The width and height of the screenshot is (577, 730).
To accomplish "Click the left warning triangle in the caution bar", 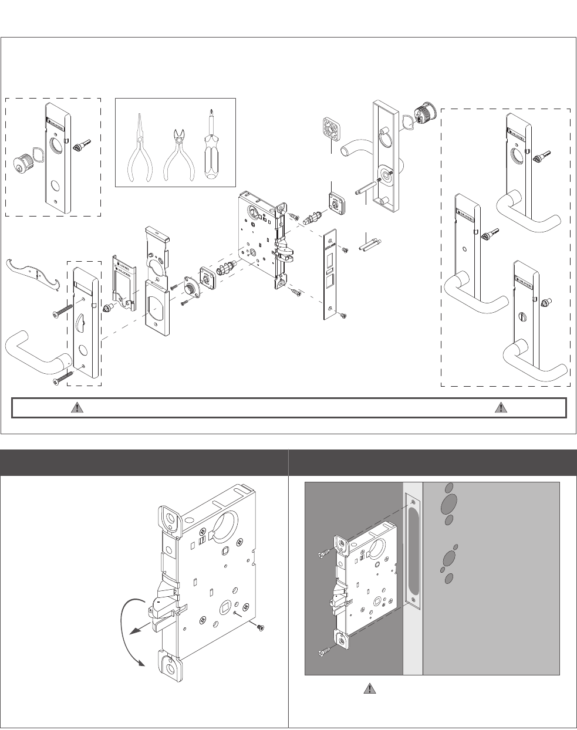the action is (x=76, y=408).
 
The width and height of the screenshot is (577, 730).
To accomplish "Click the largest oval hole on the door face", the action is (x=450, y=503).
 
